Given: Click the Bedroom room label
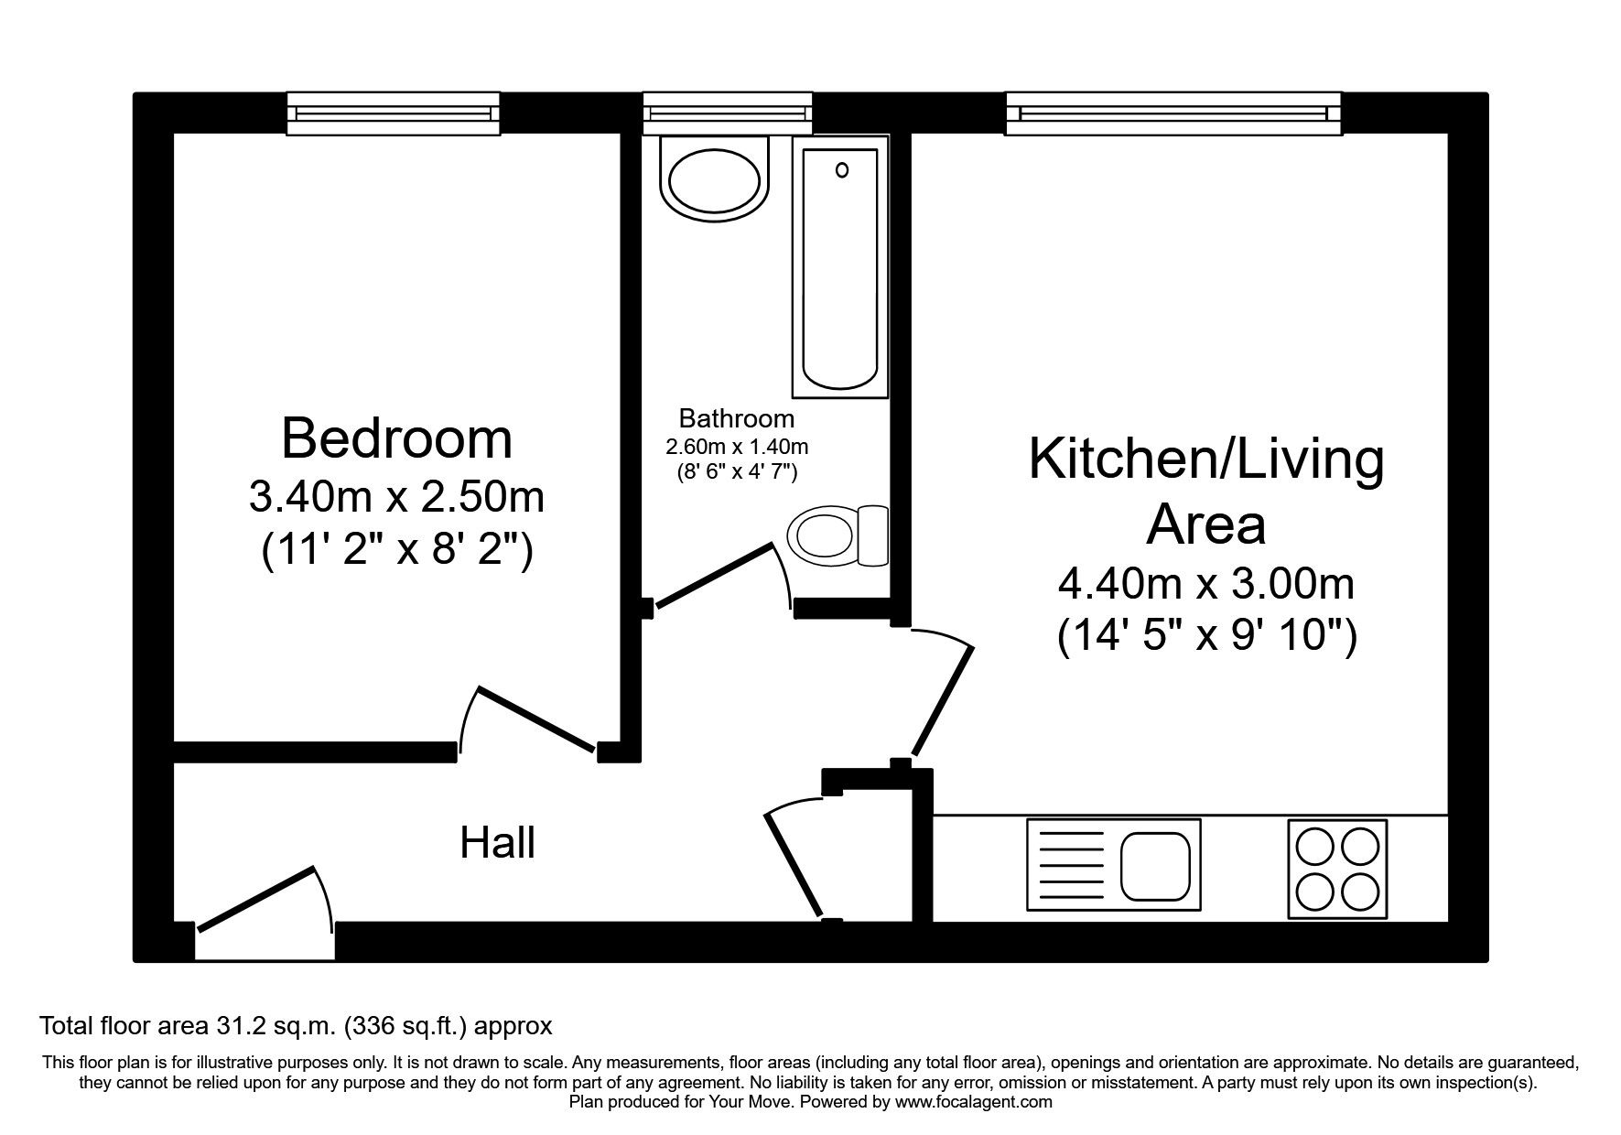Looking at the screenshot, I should point(396,438).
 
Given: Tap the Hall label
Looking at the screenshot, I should point(497,843).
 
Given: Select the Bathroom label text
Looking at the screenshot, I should point(736,419).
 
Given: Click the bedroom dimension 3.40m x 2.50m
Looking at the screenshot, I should point(396,497).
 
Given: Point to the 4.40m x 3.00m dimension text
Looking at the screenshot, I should point(1205,583).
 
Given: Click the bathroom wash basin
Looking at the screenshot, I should point(715,178).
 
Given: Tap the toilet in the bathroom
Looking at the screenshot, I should point(835,536).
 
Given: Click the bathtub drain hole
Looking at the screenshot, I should point(841,169).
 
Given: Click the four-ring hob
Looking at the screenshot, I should point(1336,869).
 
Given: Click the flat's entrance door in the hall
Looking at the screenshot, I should point(256,900).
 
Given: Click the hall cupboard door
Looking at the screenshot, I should point(794,865).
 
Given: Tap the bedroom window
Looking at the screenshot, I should point(394,113).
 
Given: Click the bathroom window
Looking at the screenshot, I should point(727,113).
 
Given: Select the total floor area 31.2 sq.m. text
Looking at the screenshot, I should point(296,1025).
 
